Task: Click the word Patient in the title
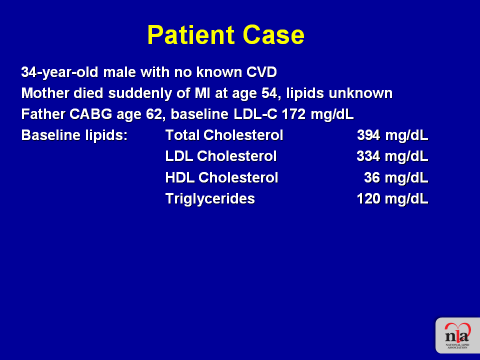coord(190,35)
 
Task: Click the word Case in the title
coord(273,35)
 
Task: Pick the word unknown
coord(360,93)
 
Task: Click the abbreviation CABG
coord(90,114)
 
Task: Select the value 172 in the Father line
coord(293,114)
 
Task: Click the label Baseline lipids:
coord(74,135)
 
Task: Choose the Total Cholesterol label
coord(224,135)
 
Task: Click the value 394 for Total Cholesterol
coord(368,135)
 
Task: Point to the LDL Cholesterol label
coord(220,156)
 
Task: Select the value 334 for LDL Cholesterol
coord(368,156)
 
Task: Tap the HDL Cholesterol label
coord(221,177)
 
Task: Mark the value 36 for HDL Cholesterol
coord(372,177)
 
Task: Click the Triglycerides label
coord(210,199)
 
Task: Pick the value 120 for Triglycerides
coord(368,198)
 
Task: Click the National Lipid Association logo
coord(457,335)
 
